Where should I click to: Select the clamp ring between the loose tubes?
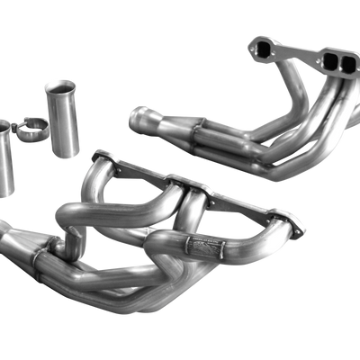(34, 132)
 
